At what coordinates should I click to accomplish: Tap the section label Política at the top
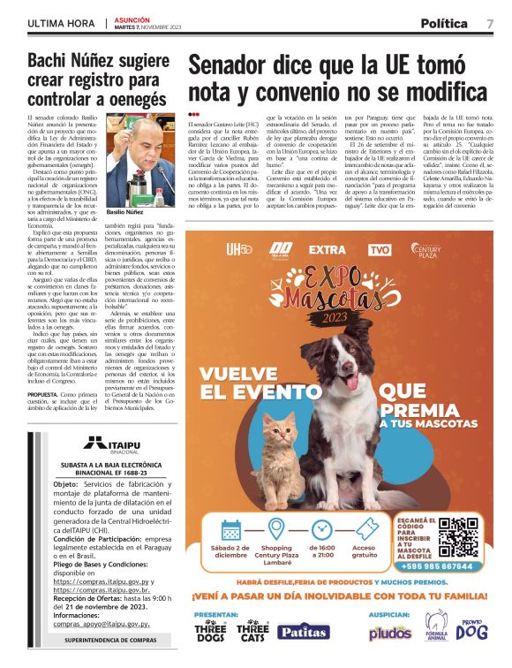[x=444, y=23]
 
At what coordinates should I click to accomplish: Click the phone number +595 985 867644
[x=448, y=566]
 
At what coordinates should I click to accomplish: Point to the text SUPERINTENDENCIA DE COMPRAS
[x=98, y=638]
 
